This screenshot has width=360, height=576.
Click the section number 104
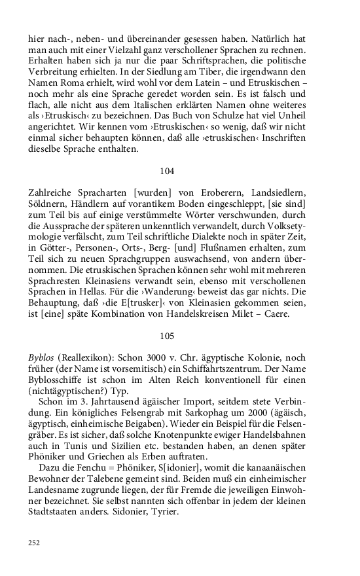pyautogui.click(x=167, y=171)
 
